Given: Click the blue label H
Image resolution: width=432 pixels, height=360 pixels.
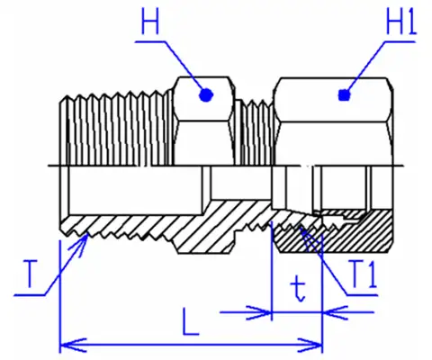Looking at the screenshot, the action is pos(149,21).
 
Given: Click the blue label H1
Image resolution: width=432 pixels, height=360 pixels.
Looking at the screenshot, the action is pos(401,21).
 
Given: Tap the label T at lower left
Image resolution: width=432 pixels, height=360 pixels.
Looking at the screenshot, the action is pos(30,274).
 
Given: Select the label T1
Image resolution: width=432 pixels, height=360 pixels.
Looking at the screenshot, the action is pos(363,274).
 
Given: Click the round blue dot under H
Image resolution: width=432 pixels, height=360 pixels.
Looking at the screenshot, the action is pos(206,95).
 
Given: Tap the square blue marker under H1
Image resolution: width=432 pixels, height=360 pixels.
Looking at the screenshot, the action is pos(344,95).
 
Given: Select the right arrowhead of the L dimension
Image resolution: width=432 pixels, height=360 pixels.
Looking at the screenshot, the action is pos(310,346).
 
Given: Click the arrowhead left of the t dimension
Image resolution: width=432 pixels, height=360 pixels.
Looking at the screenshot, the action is pos(258,312).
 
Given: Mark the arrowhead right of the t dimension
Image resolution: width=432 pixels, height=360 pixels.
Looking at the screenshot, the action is pos(336,312).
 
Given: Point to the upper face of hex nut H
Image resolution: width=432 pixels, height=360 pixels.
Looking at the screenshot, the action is pos(204,99).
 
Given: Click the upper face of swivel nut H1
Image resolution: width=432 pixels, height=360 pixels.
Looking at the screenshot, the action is pos(333,100).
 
